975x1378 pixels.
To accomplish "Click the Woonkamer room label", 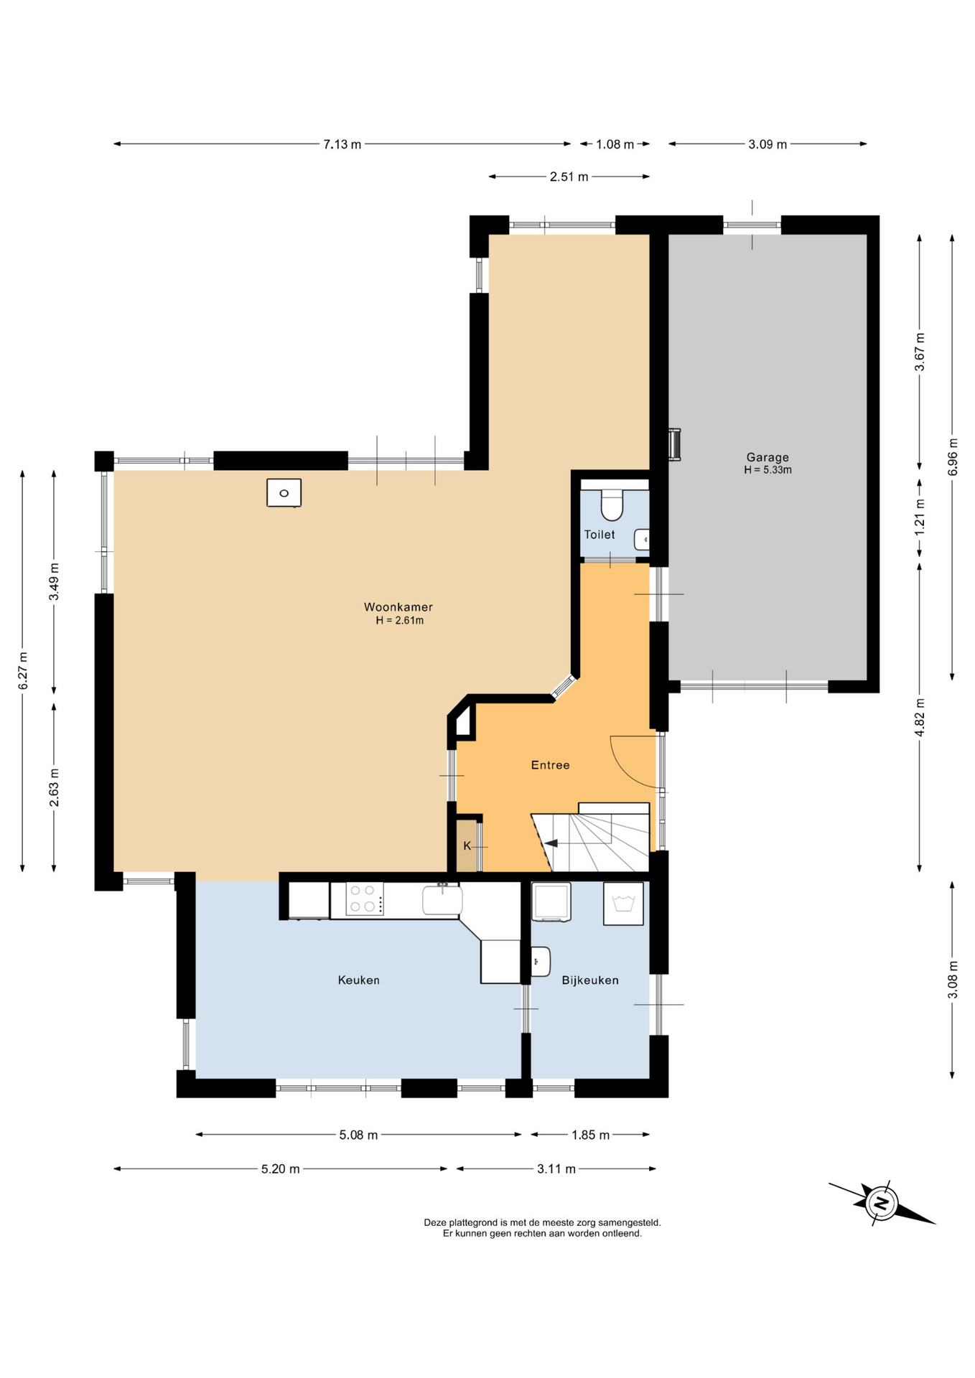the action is (398, 607).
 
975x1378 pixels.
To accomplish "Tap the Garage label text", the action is (768, 457).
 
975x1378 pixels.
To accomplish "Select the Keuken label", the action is (358, 980).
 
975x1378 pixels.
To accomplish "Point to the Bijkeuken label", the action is (590, 980).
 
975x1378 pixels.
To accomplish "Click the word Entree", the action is (550, 765).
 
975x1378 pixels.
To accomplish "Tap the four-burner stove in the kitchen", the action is (365, 899).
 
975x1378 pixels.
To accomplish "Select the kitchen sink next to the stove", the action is (442, 900).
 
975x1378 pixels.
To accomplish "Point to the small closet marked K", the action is (467, 845).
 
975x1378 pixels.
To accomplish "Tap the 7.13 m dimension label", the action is (342, 144).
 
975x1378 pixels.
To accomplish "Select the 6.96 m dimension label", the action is (953, 457).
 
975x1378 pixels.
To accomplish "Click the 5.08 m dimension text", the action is (358, 1135).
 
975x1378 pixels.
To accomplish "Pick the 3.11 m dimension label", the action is (556, 1169).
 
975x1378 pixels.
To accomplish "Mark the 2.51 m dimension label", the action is (569, 177).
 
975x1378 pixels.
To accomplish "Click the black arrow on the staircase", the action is (551, 843).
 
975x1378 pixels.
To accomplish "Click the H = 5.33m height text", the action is (768, 470).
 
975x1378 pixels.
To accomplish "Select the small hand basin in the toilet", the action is (643, 540).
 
